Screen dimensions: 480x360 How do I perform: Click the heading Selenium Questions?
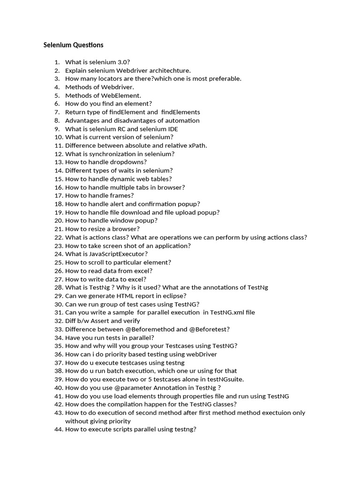click(74, 45)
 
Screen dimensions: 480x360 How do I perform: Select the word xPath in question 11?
click(197, 145)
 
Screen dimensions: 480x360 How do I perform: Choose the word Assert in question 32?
click(100, 321)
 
